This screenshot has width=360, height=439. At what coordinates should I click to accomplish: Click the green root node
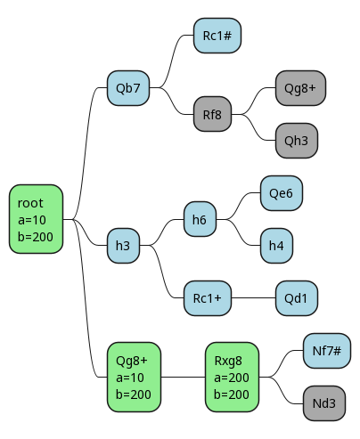coord(36,219)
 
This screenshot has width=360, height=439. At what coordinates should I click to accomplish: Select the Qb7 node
coord(128,88)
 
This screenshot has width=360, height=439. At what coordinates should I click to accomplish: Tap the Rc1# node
coord(217,36)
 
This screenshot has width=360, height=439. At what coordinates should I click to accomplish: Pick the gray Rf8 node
coord(212,114)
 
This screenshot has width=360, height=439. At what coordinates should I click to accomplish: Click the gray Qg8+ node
coord(300,88)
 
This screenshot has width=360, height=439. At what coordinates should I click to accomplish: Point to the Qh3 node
coord(297,141)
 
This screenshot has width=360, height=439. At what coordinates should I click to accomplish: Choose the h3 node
coord(123,246)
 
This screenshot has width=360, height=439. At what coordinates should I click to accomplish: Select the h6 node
coord(200,219)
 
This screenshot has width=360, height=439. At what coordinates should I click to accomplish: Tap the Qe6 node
coord(282,193)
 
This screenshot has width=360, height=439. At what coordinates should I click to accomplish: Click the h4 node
coord(276,246)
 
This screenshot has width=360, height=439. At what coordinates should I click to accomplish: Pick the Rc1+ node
coord(208,298)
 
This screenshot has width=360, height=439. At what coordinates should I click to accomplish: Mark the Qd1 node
coord(297,298)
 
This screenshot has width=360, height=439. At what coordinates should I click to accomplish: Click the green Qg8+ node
coord(134,377)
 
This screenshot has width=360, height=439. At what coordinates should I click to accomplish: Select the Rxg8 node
coord(232,377)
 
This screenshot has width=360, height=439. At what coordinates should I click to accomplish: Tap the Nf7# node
coord(327,351)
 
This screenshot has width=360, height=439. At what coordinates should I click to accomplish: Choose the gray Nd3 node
coord(324,403)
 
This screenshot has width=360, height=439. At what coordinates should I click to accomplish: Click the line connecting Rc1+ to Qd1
coord(253,298)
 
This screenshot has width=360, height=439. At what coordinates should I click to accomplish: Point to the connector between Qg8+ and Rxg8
coord(183,377)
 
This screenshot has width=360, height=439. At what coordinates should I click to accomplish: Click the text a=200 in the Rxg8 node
coord(232,378)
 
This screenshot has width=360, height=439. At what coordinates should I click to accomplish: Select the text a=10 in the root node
coord(32,220)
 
